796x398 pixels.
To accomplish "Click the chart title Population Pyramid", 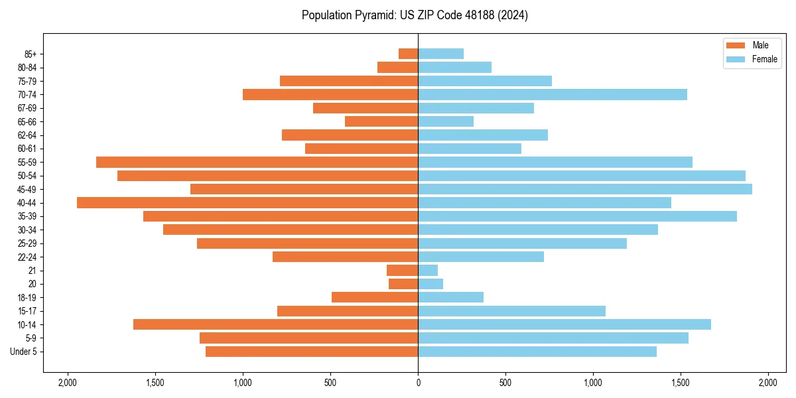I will click(415, 15).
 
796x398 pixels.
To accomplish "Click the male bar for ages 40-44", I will click(247, 202).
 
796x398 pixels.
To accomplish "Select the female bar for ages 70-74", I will click(553, 94).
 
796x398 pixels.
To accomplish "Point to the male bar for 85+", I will click(408, 54).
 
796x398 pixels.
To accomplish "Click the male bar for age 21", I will click(402, 270).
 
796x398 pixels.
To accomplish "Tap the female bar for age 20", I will click(431, 284).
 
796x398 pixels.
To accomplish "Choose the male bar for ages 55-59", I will click(257, 162).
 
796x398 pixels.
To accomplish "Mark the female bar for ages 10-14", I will click(564, 324).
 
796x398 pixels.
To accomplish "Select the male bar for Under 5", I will click(312, 352).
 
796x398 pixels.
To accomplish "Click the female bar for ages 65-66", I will click(446, 121).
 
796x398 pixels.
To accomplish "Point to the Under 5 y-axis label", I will click(23, 352).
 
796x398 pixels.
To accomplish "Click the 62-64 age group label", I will click(27, 135).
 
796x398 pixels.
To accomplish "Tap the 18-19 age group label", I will click(27, 297).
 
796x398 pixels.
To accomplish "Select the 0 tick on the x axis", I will click(418, 383).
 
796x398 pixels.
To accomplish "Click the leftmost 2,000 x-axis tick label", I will click(67, 383).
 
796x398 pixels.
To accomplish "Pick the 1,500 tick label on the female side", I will click(680, 383).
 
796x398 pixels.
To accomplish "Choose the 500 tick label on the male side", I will click(330, 383).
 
